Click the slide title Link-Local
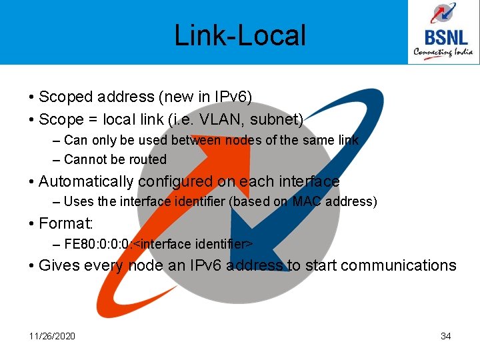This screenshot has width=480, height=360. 240,35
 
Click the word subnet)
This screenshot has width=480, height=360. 283,120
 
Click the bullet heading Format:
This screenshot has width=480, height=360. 66,223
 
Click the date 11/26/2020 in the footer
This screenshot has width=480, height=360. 52,336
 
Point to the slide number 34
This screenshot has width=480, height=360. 446,336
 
